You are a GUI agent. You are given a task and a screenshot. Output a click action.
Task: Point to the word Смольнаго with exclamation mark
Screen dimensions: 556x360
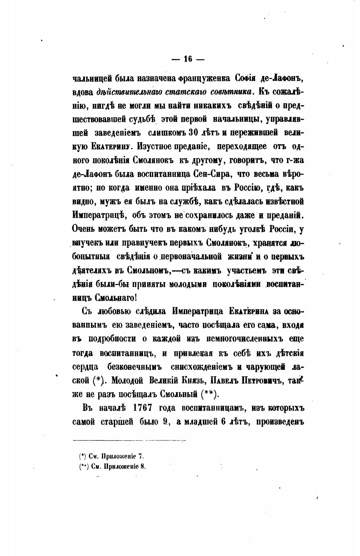pyautogui.click(x=117, y=297)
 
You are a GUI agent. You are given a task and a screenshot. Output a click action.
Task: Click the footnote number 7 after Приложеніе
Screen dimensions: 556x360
pyautogui.click(x=141, y=456)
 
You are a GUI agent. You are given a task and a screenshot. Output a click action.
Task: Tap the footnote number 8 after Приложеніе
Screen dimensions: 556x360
pyautogui.click(x=143, y=466)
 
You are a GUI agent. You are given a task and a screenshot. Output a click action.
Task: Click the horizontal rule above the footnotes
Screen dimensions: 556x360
pyautogui.click(x=130, y=440)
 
